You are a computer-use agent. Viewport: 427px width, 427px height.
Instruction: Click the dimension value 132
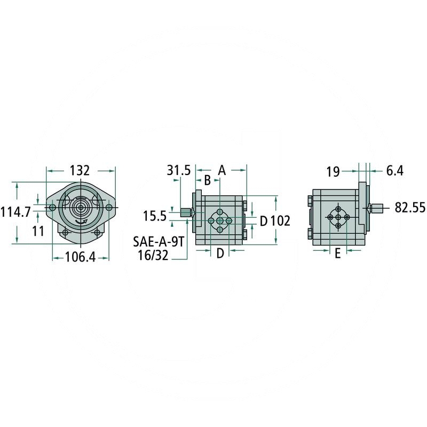pyautogui.click(x=80, y=171)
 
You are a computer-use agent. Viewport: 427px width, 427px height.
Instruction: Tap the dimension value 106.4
pyautogui.click(x=80, y=257)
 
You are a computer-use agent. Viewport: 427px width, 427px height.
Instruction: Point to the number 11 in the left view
pyautogui.click(x=37, y=231)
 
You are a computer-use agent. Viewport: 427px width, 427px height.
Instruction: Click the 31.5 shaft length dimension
pyautogui.click(x=178, y=171)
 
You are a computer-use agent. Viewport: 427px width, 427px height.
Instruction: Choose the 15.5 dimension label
pyautogui.click(x=155, y=216)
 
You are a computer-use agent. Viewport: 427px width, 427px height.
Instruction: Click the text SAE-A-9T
pyautogui.click(x=159, y=241)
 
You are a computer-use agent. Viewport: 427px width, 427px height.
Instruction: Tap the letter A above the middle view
pyautogui.click(x=223, y=171)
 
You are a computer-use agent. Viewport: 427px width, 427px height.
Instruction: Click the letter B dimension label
pyautogui.click(x=208, y=180)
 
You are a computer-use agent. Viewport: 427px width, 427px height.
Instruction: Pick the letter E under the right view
pyautogui.click(x=337, y=255)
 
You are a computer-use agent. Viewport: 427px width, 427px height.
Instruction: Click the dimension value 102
pyautogui.click(x=280, y=220)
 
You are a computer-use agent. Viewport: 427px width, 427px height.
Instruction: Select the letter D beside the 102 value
pyautogui.click(x=263, y=220)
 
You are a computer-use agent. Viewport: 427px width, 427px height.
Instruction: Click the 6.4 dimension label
pyautogui.click(x=394, y=171)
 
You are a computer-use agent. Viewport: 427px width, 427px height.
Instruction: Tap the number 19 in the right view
pyautogui.click(x=333, y=171)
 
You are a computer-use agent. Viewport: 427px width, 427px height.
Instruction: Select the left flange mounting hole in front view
pyautogui.click(x=52, y=207)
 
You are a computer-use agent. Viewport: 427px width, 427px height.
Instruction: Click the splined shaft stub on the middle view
pyautogui.click(x=186, y=212)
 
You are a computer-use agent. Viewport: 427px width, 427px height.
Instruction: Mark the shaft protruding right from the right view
pyautogui.click(x=378, y=207)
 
